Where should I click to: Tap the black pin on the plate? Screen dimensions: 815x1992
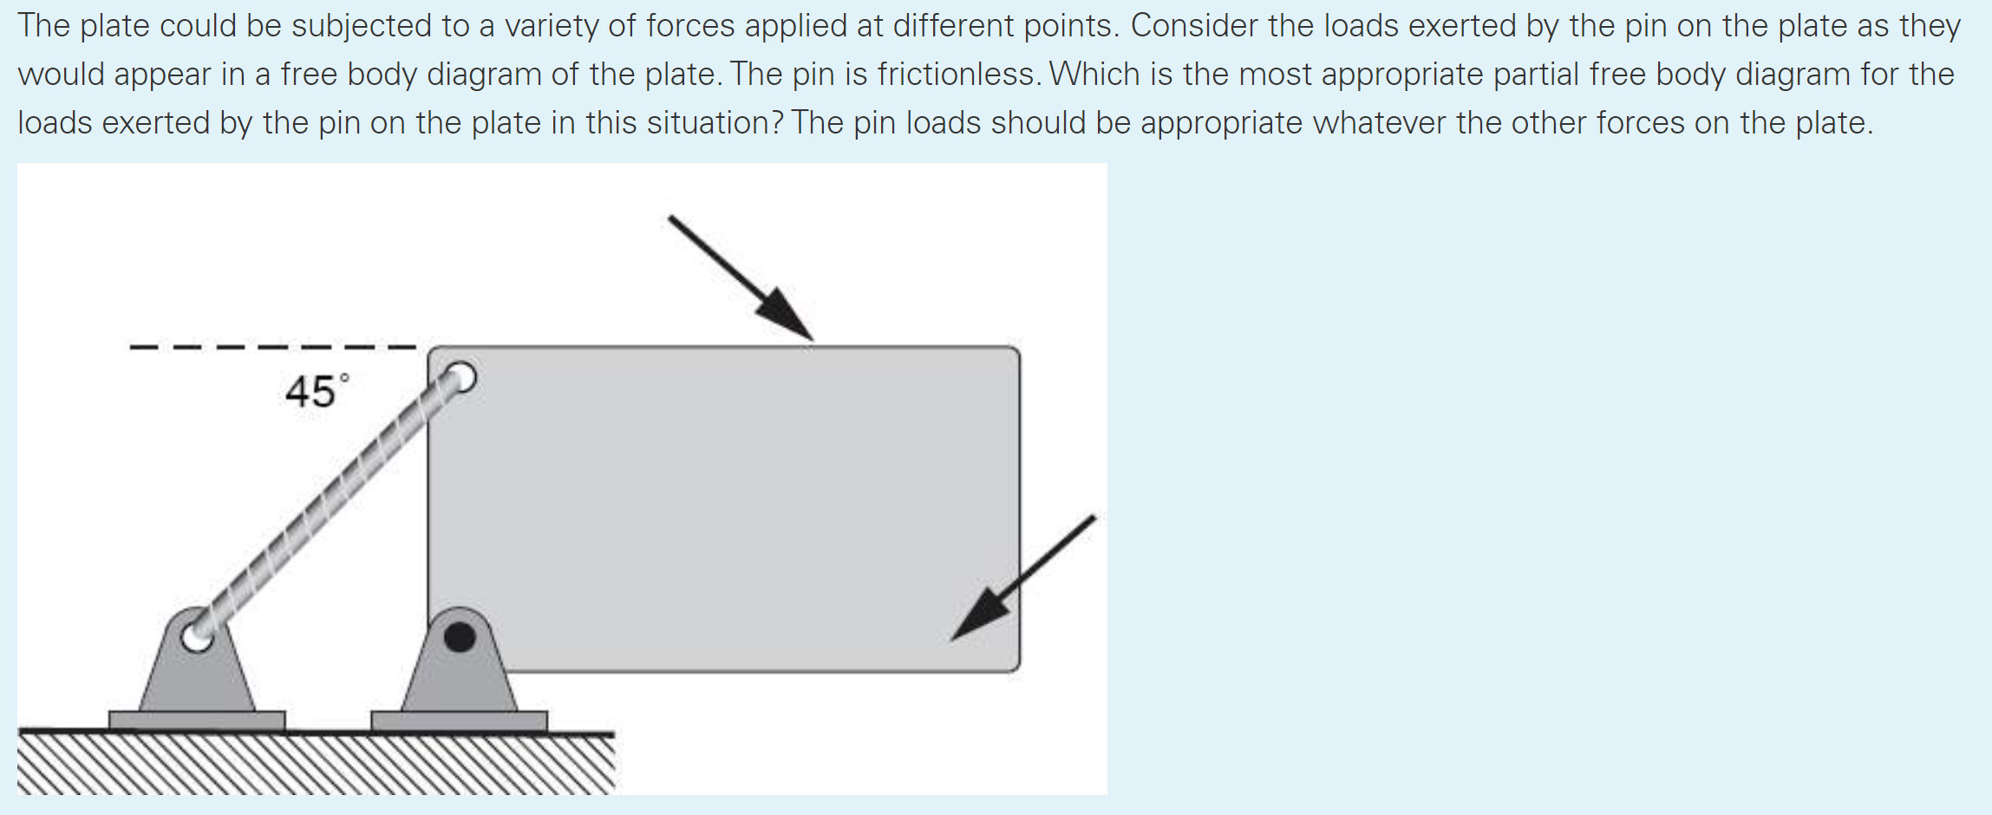459,637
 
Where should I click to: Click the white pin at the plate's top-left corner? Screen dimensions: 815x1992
460,378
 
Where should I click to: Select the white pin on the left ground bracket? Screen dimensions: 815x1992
196,637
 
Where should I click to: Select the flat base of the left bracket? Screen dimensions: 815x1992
197,720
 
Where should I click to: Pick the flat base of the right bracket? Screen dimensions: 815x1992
459,720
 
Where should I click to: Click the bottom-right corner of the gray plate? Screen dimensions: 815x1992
1016,668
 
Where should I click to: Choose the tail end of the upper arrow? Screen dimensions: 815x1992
671,218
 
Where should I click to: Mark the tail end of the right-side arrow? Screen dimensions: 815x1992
1093,518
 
